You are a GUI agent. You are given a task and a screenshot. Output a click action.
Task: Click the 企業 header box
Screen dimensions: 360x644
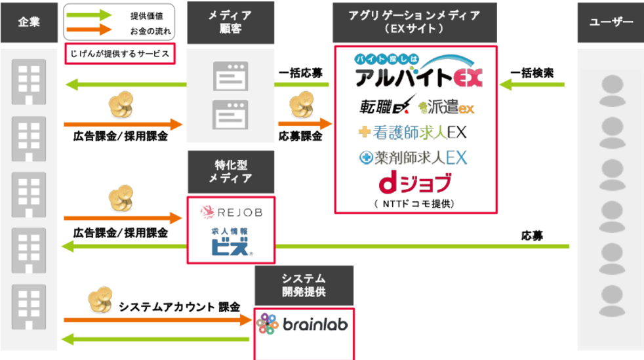(x=29, y=22)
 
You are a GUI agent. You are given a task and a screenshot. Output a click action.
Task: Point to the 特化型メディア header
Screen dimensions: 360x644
(x=230, y=172)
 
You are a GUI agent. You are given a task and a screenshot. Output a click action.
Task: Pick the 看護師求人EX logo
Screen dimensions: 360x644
(x=413, y=132)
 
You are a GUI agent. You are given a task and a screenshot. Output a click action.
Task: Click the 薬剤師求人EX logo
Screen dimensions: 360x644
(x=413, y=157)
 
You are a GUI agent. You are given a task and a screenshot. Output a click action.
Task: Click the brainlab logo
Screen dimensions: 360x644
(x=303, y=324)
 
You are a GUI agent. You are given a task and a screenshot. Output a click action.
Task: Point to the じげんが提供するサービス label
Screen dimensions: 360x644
(x=119, y=54)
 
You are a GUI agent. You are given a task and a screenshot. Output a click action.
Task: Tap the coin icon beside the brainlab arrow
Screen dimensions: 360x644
(x=101, y=300)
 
